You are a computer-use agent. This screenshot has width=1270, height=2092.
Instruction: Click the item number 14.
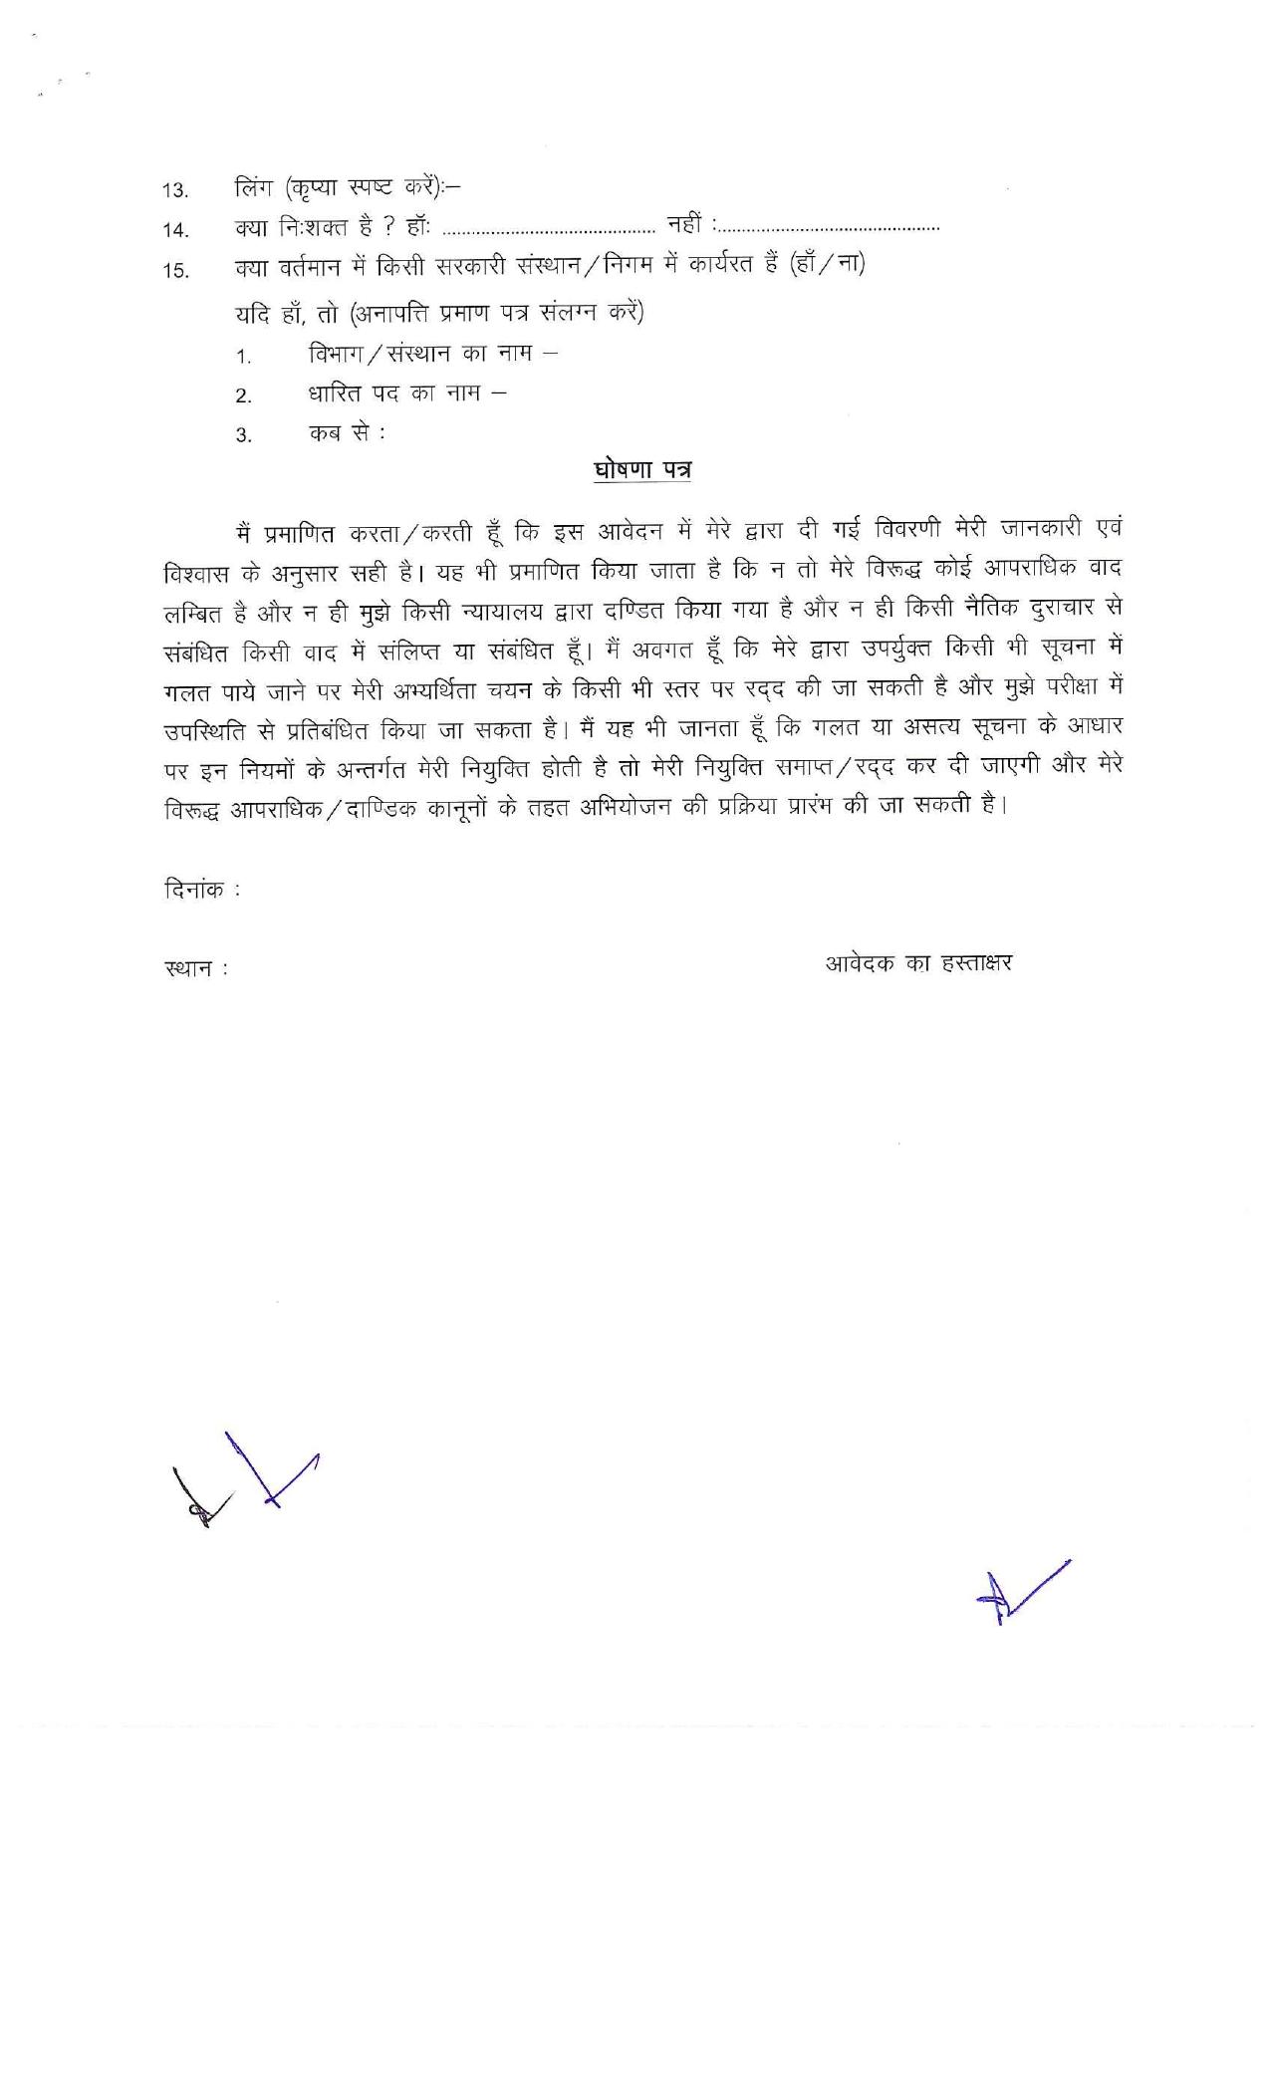point(176,230)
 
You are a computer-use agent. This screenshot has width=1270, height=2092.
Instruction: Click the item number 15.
point(176,270)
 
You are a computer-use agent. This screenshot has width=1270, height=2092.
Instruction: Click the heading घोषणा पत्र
point(641,469)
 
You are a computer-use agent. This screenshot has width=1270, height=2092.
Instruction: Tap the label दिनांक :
point(202,889)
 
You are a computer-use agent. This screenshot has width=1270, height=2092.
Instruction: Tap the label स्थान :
point(196,967)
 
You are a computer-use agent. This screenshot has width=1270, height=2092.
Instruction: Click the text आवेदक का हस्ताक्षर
point(917,963)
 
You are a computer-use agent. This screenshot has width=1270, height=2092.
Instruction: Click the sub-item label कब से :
point(345,433)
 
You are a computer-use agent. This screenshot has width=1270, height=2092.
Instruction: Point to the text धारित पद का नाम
point(394,393)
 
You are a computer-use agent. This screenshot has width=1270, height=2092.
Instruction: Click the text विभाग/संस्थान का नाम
point(418,354)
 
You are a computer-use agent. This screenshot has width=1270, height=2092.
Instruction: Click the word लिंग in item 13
point(253,187)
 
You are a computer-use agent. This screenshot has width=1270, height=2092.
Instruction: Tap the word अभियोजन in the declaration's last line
point(625,806)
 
